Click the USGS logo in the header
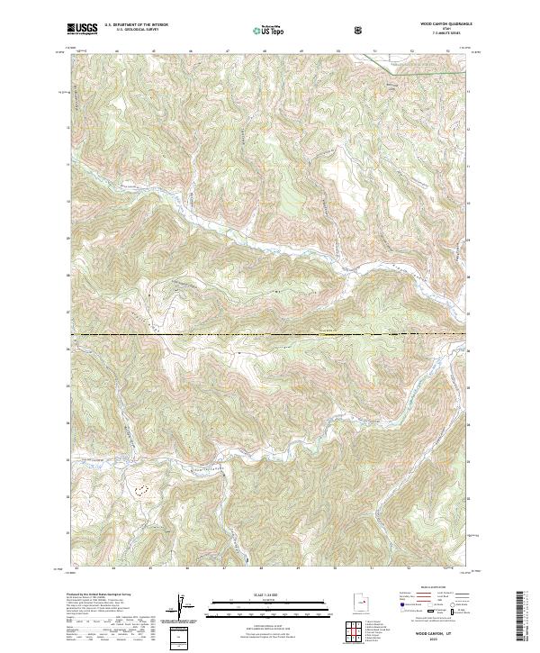click(82, 30)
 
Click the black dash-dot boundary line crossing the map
click(270, 335)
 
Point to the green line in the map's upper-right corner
click(423, 69)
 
